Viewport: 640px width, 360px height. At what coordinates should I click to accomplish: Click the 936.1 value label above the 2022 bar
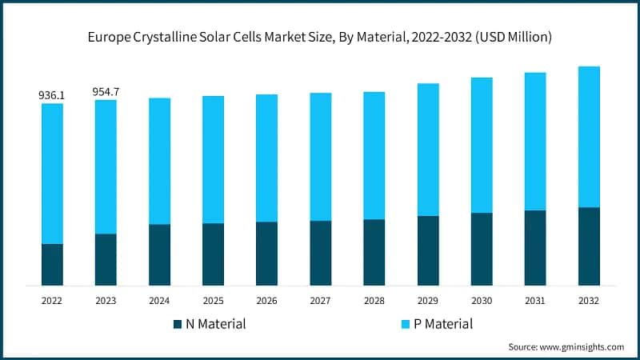[52, 95]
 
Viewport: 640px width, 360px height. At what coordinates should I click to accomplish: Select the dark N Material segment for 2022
[52, 264]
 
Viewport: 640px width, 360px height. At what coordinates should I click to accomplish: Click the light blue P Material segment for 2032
[589, 136]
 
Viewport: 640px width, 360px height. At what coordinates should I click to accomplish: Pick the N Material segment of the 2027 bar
[320, 253]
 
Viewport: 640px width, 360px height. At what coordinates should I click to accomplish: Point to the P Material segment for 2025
[213, 159]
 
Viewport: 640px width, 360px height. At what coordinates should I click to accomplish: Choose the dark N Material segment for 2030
[482, 249]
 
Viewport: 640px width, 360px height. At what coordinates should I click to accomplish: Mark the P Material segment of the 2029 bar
[428, 149]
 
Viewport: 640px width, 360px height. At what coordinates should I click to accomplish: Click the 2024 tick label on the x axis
[159, 301]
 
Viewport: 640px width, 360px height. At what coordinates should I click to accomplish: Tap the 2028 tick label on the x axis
[374, 301]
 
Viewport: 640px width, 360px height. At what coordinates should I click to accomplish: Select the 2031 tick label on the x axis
[535, 301]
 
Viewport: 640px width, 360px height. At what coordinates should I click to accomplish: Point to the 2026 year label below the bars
[266, 301]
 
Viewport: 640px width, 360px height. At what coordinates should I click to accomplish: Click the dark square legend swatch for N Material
[178, 325]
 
